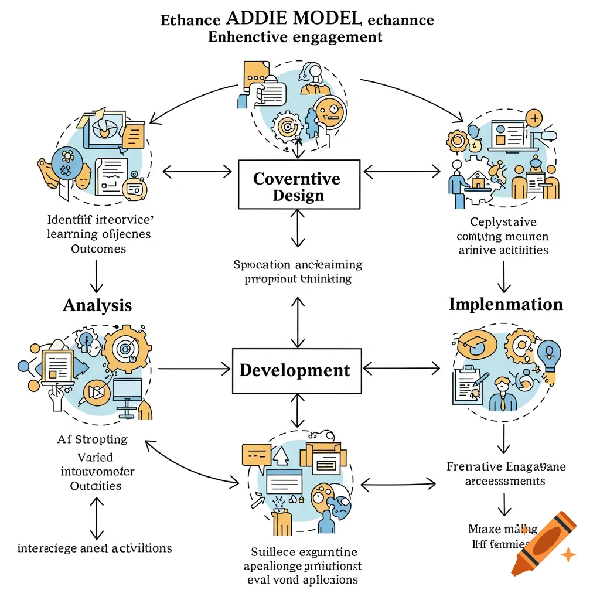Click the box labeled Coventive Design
coord(298,185)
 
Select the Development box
coord(295,370)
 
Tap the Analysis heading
coord(97,305)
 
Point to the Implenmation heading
coord(506,304)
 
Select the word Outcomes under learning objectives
coord(98,248)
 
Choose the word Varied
coord(95,456)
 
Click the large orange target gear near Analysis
coord(124,350)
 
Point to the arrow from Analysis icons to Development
coord(194,369)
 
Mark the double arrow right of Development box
coord(401,369)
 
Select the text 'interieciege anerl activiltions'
coord(95,548)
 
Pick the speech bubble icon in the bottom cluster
coord(257,454)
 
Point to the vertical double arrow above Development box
coord(298,322)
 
